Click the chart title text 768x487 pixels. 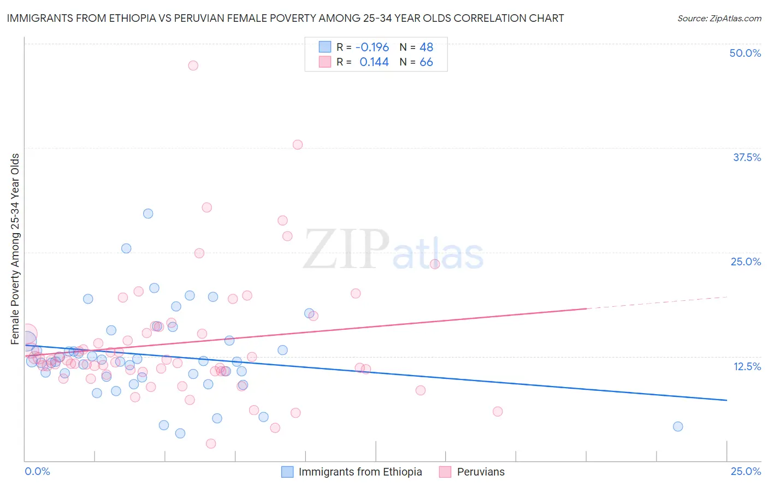tap(285, 18)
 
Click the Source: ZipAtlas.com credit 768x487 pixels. tap(719, 18)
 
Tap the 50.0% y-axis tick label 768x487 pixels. tap(745, 53)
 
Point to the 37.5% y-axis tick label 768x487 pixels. tap(747, 157)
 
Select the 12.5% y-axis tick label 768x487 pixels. tap(747, 366)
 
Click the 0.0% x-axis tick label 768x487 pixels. tap(37, 471)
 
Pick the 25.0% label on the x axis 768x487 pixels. tap(746, 471)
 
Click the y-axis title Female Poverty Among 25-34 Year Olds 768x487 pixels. tap(15, 249)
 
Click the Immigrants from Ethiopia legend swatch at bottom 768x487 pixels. tap(287, 472)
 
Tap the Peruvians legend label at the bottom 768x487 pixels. tap(481, 472)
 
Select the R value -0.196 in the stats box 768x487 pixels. tap(372, 47)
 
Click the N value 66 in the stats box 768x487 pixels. tap(426, 62)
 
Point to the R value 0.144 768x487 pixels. tap(374, 62)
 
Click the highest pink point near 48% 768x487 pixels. tap(193, 66)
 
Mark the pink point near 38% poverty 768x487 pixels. tap(298, 145)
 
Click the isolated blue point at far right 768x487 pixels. tap(678, 426)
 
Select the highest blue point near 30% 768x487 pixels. tap(148, 213)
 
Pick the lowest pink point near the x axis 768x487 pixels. tap(211, 443)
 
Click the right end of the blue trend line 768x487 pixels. tap(726, 400)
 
